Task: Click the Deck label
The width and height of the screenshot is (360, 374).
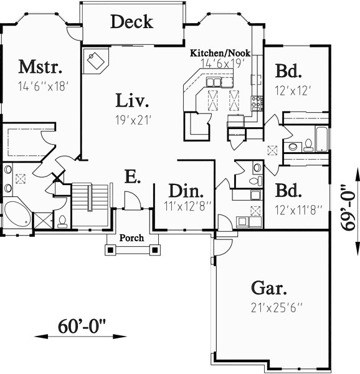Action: [x=131, y=22]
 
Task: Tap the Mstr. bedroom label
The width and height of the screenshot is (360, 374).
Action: [x=38, y=66]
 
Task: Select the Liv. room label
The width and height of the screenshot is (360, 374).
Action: [x=132, y=100]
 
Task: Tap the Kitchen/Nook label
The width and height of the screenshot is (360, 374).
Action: [x=220, y=54]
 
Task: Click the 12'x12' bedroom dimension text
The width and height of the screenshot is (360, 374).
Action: [x=293, y=90]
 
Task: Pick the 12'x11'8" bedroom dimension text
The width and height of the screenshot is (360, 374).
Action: [x=296, y=209]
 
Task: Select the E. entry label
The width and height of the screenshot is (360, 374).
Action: [x=131, y=177]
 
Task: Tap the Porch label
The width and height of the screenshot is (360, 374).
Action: [x=131, y=237]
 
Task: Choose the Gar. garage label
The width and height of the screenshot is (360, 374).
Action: [x=269, y=288]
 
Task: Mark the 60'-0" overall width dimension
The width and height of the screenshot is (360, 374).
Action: [x=82, y=325]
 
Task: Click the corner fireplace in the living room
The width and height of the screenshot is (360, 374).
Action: [x=97, y=60]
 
